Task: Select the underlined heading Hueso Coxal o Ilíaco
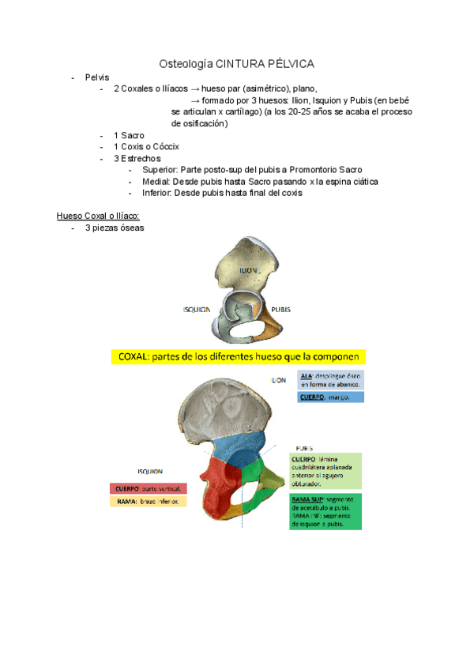(98, 216)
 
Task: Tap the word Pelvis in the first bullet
(98, 77)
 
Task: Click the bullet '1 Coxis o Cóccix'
(146, 147)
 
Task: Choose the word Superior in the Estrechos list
(160, 170)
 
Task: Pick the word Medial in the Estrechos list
(156, 181)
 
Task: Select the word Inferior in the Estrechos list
(157, 193)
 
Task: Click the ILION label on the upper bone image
(250, 270)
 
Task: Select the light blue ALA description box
(331, 379)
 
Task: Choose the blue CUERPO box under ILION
(331, 397)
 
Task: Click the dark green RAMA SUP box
(325, 511)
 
